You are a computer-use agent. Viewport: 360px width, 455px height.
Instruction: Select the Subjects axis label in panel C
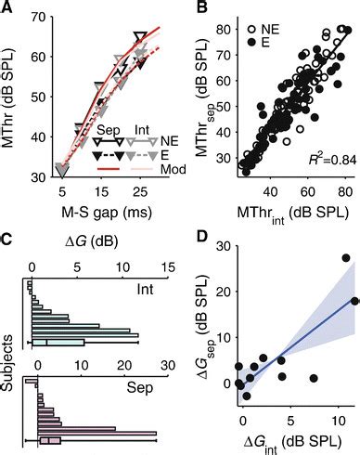click(9, 362)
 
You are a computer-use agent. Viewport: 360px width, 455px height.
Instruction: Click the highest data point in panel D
click(345, 258)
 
